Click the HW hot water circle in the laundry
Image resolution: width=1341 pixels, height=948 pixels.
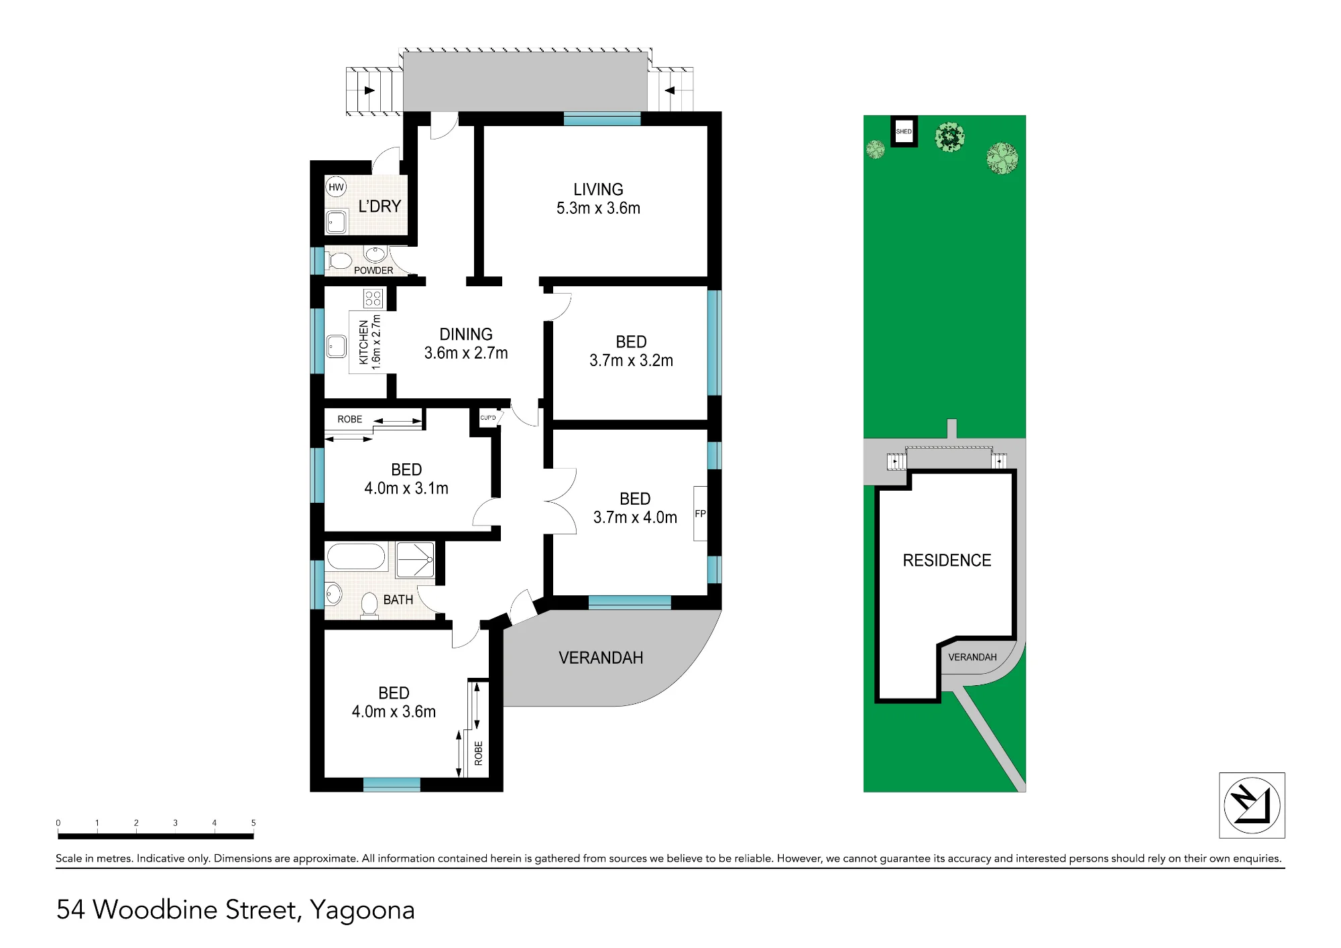coord(336,187)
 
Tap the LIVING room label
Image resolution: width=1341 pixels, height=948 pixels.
coord(598,190)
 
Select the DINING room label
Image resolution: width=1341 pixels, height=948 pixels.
coord(466,335)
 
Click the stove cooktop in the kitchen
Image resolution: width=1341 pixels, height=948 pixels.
coord(373,298)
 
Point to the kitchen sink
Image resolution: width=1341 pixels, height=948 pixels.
coord(336,347)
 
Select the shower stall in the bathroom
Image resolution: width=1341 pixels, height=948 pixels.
coord(415,560)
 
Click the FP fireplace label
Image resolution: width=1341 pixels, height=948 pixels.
coord(700,514)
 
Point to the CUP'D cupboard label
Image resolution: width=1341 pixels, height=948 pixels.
coord(488,418)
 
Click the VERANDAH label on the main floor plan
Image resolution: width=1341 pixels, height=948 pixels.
coord(601,658)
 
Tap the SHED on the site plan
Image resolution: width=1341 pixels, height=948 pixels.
coord(904,131)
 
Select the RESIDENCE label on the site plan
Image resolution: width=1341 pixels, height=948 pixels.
coord(947,560)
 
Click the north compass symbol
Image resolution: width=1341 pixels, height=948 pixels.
coord(1252,805)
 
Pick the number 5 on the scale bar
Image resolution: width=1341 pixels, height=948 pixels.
coord(253,823)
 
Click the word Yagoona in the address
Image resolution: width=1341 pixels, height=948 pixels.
coord(362,910)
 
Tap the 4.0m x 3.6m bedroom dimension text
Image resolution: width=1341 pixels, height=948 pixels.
coord(394,712)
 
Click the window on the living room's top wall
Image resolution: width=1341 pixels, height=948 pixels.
coord(602,119)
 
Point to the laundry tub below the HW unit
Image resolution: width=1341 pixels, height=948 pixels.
coord(336,222)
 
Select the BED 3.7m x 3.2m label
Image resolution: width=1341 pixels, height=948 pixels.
coord(631,351)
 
